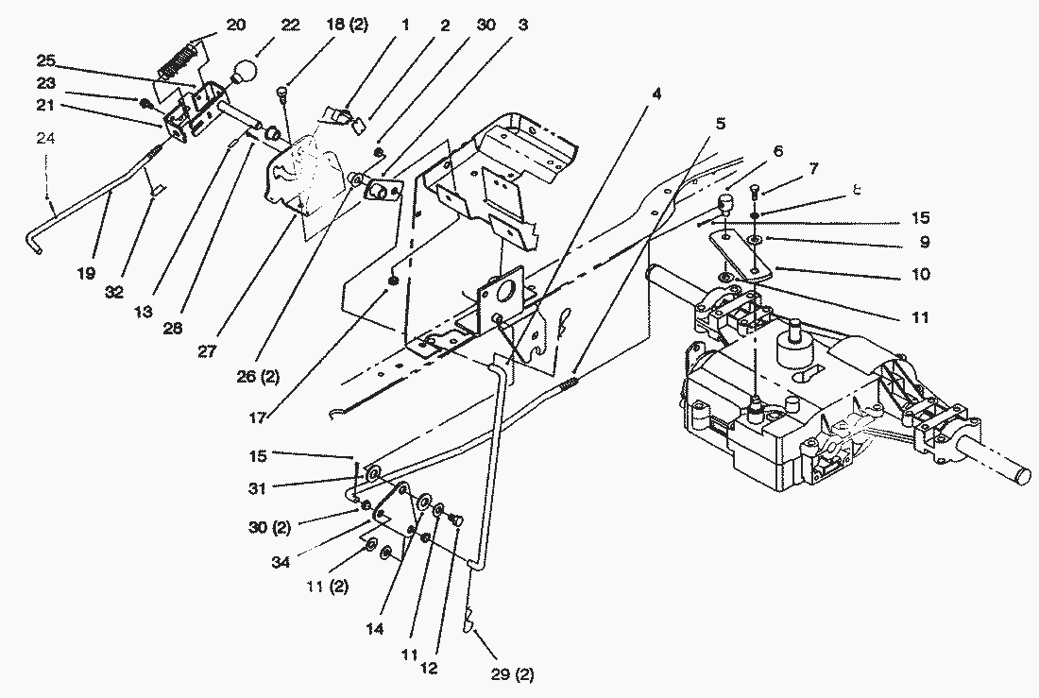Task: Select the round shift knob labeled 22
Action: click(x=246, y=73)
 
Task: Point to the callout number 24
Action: click(x=46, y=138)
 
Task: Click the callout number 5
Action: click(x=721, y=123)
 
